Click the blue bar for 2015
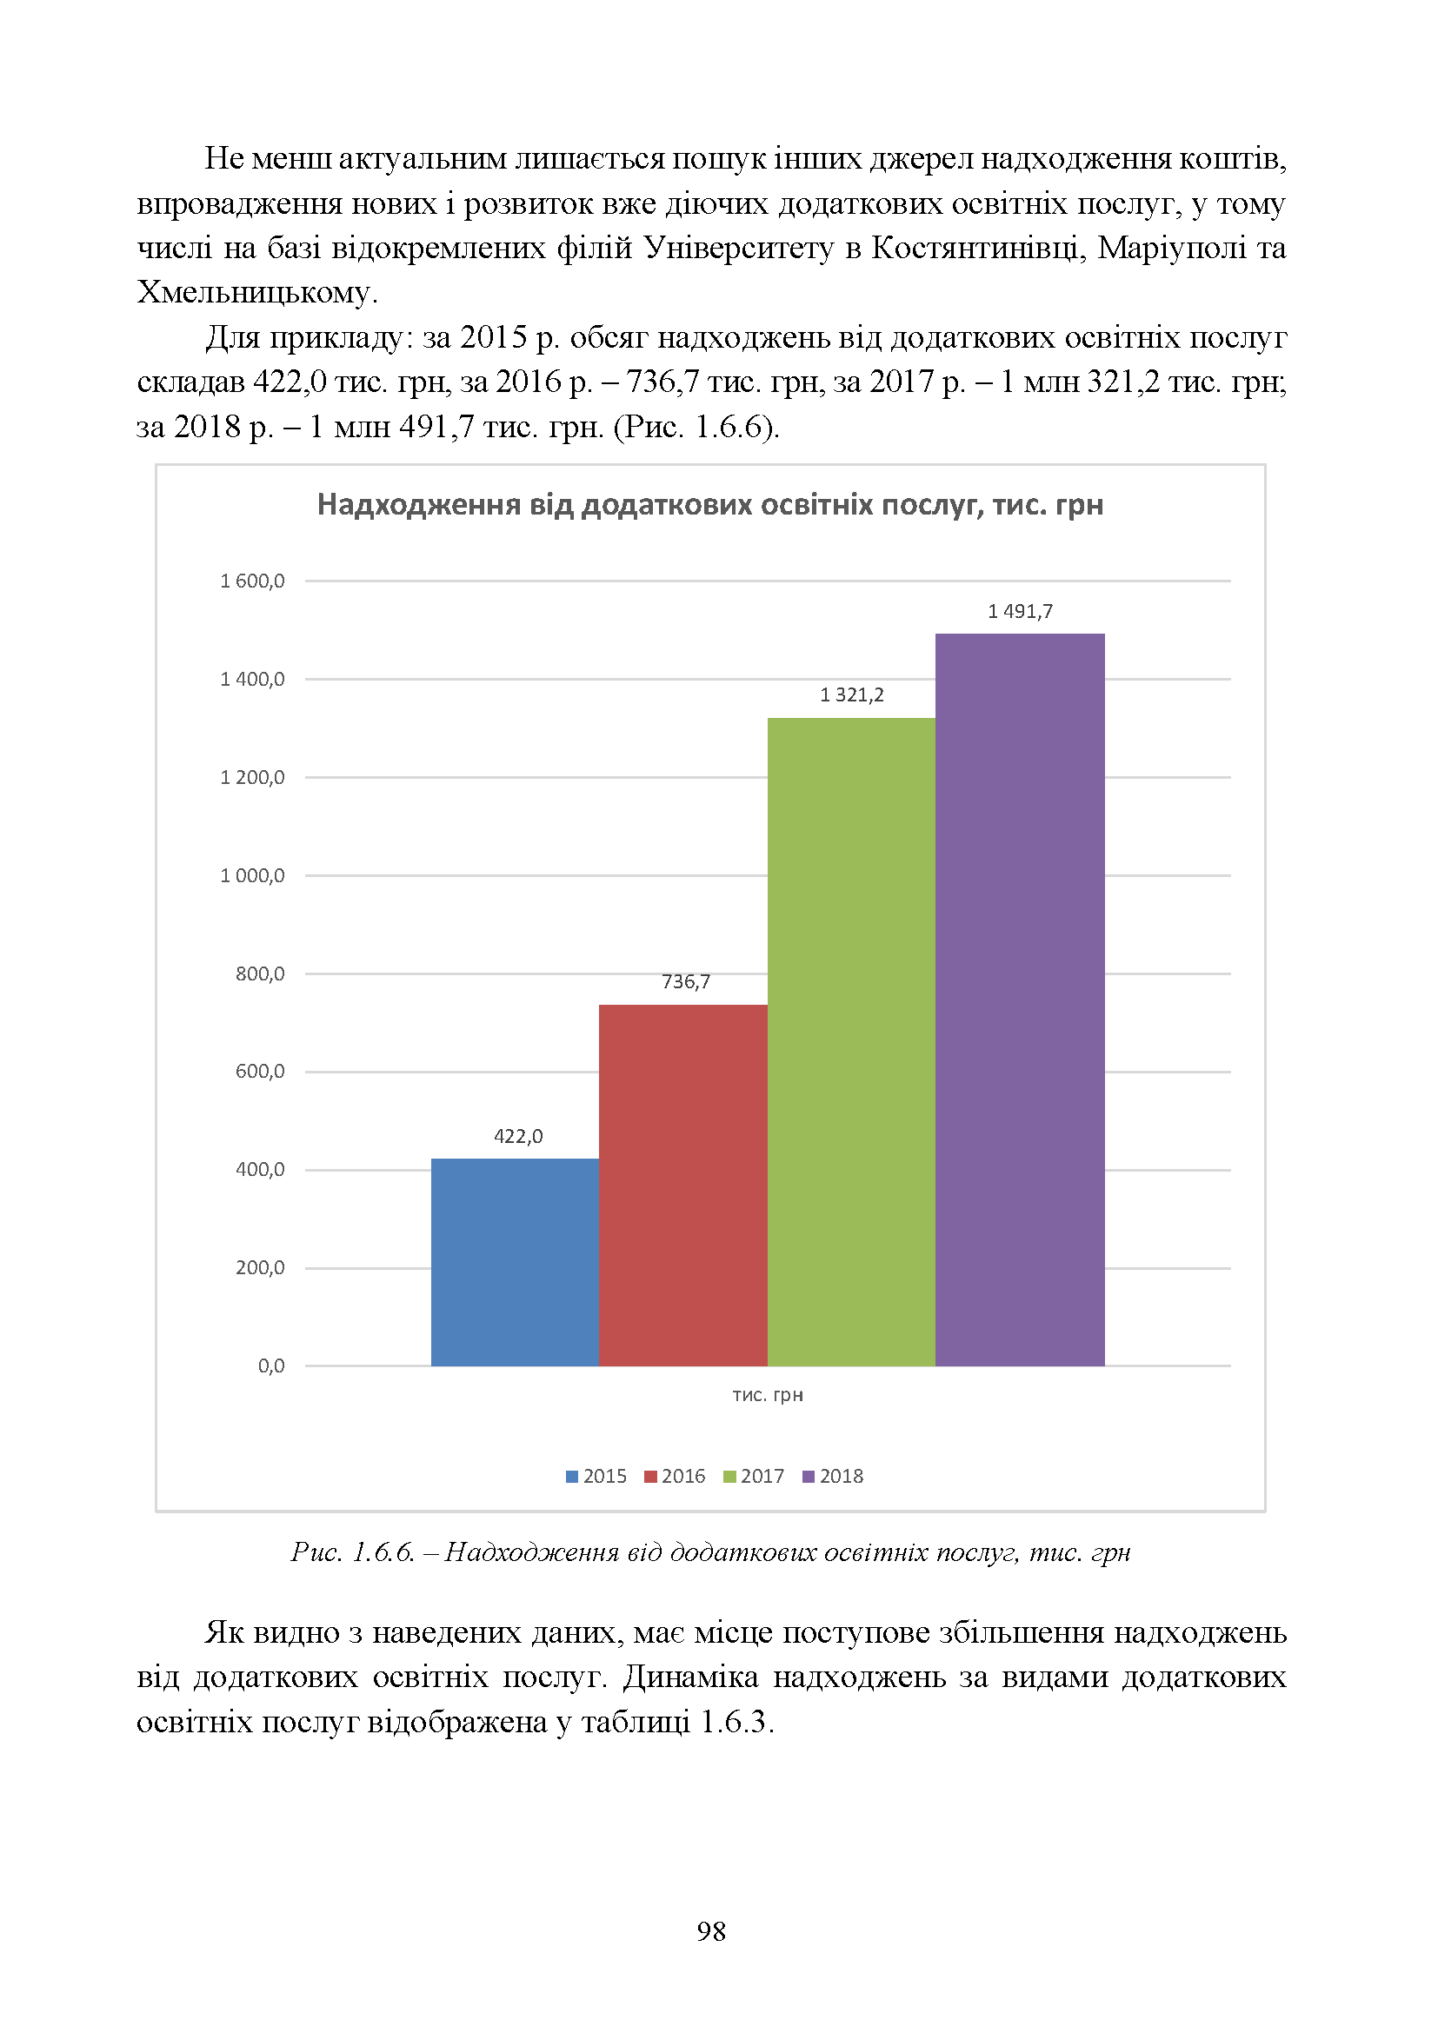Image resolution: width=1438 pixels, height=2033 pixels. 516,1262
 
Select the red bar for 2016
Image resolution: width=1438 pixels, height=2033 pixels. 683,1186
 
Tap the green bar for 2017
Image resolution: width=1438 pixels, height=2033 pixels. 852,1042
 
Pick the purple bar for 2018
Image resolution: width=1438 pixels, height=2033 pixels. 1020,1000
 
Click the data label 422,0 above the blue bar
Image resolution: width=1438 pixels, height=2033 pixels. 518,1136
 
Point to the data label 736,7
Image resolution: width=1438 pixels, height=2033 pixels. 686,982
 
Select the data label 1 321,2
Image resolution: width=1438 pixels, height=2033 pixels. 852,695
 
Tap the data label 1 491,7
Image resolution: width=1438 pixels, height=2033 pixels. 1020,611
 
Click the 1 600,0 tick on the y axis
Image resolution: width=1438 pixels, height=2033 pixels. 252,581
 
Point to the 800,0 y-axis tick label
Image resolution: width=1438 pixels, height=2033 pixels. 260,974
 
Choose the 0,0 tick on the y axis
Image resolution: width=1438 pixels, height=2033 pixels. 272,1366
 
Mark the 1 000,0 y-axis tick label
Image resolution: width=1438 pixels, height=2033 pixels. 252,876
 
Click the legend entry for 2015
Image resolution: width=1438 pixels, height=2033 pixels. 596,1476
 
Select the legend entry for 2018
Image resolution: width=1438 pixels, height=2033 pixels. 832,1476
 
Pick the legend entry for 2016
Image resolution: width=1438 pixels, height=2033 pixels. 675,1476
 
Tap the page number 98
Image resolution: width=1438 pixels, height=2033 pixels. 711,1931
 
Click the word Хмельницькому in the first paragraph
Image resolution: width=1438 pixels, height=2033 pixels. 256,292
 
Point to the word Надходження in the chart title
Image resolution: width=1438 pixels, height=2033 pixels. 419,505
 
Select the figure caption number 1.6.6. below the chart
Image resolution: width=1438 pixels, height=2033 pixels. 384,1551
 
